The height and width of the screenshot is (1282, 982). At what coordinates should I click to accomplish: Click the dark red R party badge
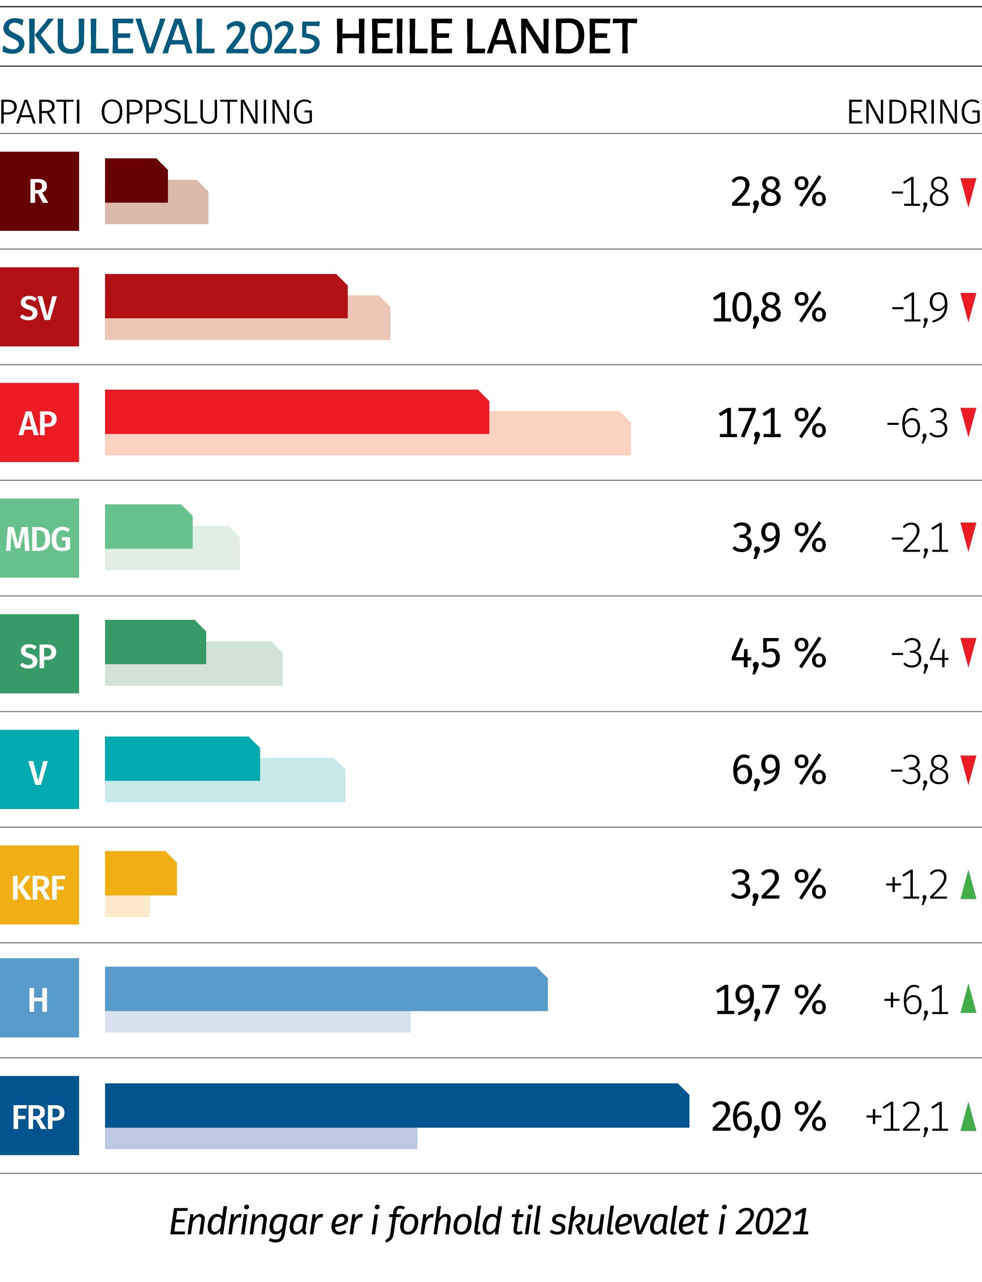click(39, 191)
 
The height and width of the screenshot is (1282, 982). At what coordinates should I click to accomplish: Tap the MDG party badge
click(39, 538)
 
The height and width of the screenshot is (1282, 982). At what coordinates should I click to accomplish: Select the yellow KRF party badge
click(39, 885)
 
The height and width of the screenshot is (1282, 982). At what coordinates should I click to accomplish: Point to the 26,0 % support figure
click(768, 1116)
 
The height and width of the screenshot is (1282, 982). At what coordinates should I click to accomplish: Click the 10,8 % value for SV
click(768, 307)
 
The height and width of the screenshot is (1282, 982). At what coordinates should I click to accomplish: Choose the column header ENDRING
click(914, 112)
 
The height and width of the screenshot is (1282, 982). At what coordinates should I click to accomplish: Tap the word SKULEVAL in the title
click(109, 37)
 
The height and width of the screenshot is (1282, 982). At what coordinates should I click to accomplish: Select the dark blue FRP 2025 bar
click(396, 1106)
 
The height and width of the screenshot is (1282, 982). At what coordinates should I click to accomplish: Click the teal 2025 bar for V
click(182, 759)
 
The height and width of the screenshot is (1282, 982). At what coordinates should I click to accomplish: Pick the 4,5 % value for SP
click(778, 654)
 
